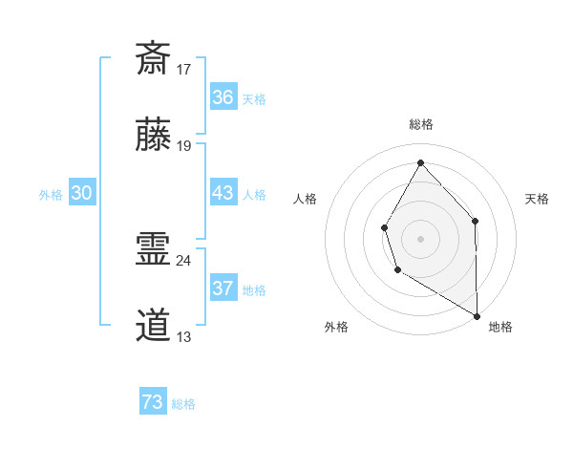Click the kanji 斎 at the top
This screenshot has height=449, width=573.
point(153,58)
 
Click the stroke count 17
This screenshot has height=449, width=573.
point(184,70)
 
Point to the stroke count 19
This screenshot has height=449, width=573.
point(184,146)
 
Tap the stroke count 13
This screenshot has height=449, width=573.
point(184,337)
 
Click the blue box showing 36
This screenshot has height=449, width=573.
point(223,97)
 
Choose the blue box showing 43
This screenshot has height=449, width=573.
point(223,193)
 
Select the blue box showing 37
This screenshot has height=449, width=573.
point(223,289)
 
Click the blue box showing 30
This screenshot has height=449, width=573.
point(81,193)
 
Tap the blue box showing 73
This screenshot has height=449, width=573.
point(153,402)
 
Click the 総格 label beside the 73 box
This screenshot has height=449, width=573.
point(183,404)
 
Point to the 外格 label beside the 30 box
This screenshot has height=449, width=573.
point(51,195)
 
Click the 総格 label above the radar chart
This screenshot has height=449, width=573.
point(420,124)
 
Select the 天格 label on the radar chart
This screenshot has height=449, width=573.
point(537,199)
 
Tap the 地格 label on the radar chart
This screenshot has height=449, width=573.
point(500,327)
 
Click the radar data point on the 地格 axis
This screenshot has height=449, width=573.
point(477,315)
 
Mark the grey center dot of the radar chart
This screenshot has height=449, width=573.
point(420,238)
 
